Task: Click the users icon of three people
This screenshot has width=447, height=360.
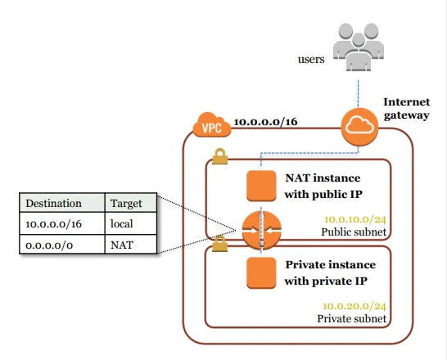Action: click(359, 47)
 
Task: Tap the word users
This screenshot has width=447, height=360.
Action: click(311, 59)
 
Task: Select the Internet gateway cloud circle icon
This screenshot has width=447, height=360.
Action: click(359, 127)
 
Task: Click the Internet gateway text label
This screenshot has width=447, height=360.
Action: click(407, 109)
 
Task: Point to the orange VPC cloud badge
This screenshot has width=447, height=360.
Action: click(212, 125)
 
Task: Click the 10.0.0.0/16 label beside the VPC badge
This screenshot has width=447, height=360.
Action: click(266, 122)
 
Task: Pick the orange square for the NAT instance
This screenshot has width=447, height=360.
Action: click(261, 186)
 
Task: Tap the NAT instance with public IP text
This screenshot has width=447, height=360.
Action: click(323, 186)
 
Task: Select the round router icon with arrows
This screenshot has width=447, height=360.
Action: click(261, 231)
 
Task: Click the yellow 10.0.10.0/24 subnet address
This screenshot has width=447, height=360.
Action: click(355, 219)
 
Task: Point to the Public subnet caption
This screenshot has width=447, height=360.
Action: click(354, 232)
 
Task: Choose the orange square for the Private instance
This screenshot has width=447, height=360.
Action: click(261, 272)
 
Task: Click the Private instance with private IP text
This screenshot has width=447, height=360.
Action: click(330, 272)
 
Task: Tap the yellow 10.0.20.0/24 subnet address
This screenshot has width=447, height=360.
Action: click(354, 306)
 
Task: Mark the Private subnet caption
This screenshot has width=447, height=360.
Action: click(352, 318)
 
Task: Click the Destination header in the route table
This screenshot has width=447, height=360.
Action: click(53, 203)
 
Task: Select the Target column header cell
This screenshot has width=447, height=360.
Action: click(131, 203)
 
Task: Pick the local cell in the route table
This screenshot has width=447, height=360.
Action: click(131, 223)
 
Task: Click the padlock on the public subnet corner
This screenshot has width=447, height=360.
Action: click(219, 156)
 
